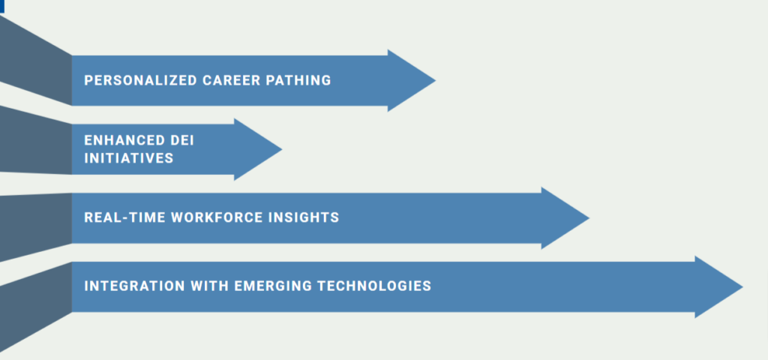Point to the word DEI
click(176, 140)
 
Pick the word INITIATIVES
click(128, 158)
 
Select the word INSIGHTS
click(306, 217)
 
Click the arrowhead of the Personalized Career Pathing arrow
click(409, 80)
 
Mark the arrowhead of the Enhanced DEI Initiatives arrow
click(256, 149)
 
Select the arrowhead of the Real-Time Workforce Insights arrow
click(563, 218)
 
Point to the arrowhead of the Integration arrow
click(717, 286)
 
